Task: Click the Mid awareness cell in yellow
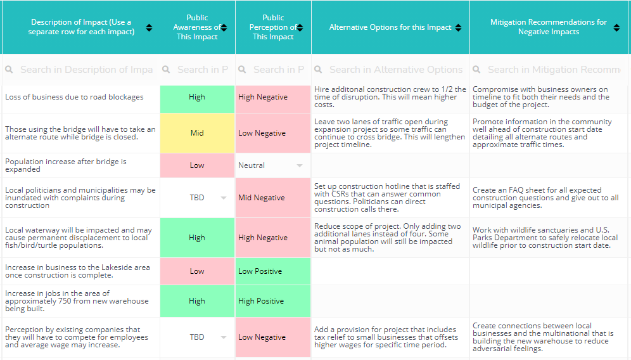pos(197,133)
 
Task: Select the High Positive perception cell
pos(272,301)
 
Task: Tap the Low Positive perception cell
pos(272,271)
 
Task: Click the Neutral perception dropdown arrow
pos(300,166)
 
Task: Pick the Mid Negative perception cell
pos(272,198)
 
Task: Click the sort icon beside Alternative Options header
pos(458,28)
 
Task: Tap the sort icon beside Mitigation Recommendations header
pos(616,27)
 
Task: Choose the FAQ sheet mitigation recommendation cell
pos(549,198)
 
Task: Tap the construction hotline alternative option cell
pos(390,198)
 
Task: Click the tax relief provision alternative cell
pos(390,337)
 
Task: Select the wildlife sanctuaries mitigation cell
pos(549,238)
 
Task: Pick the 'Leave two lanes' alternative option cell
pos(390,133)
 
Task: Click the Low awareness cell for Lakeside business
pos(197,271)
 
